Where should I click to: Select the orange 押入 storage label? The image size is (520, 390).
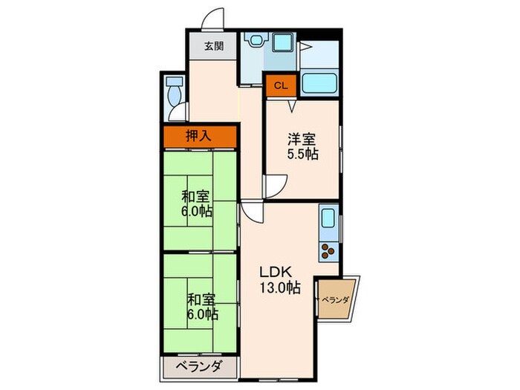pos(198,136)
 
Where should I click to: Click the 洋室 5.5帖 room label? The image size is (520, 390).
pos(303,146)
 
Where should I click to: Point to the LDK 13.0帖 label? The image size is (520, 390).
pos(279,278)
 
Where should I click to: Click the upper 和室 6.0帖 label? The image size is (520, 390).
pos(198,204)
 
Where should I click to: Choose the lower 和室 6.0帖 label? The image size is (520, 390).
pos(201,307)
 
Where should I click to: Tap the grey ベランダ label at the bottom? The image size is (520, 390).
pos(199,366)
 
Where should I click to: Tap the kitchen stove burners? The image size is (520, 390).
pos(327,251)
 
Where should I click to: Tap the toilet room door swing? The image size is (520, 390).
pos(178,114)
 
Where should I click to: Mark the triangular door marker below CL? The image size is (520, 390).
pos(293,105)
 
